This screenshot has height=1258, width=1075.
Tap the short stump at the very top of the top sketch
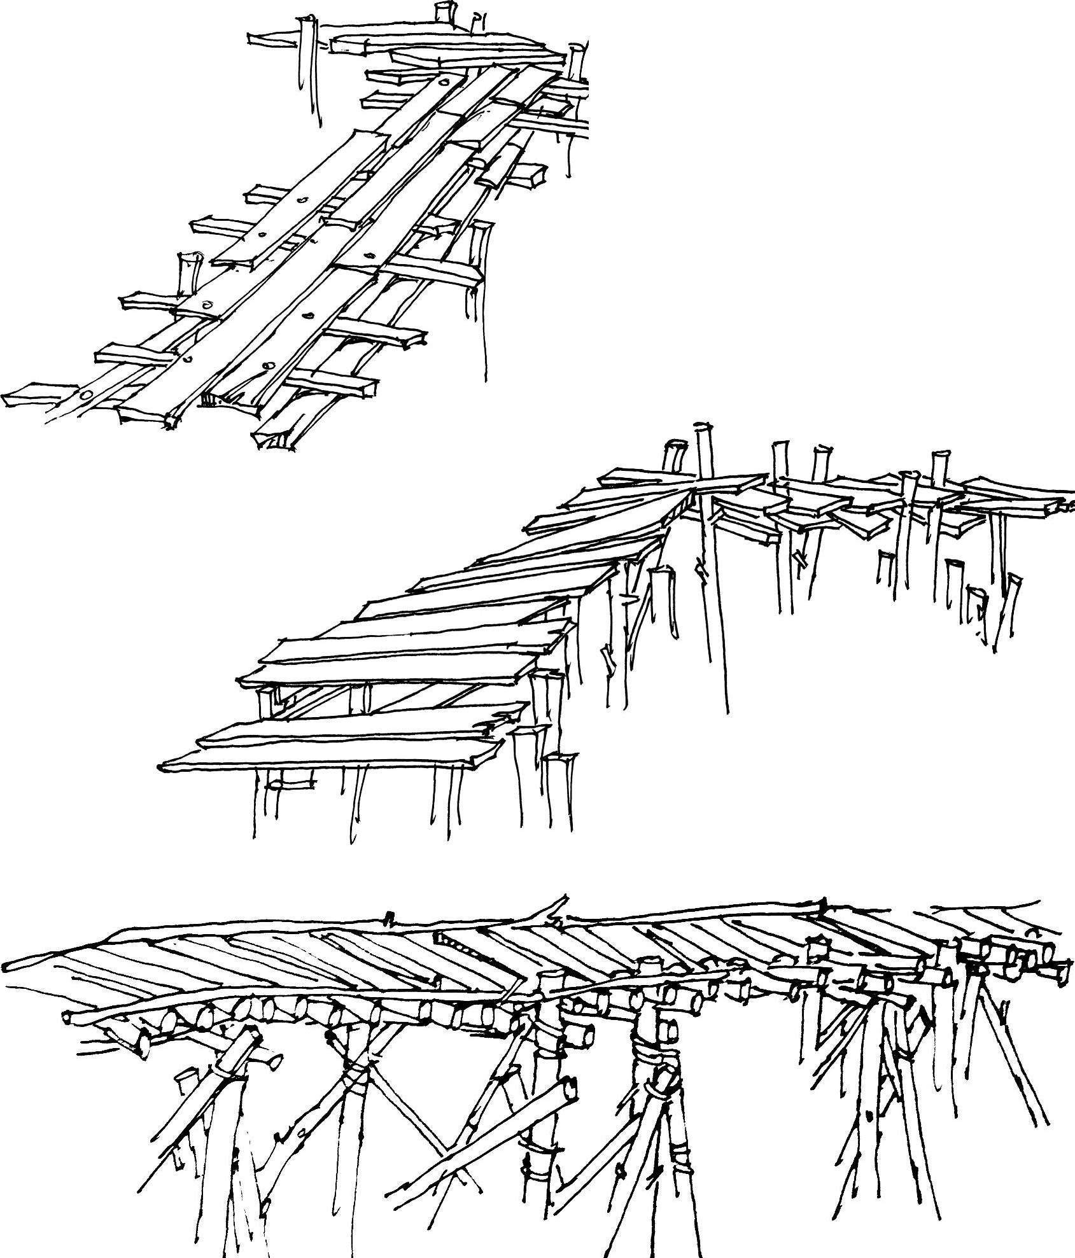coord(444,11)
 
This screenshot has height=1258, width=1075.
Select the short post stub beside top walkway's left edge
coord(187,274)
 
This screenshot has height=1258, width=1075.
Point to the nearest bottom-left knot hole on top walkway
coord(86,395)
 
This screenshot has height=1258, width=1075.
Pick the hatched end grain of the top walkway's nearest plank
coord(213,400)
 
